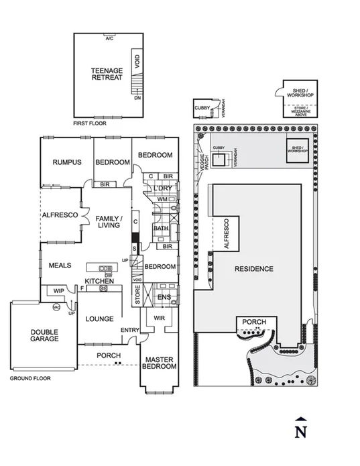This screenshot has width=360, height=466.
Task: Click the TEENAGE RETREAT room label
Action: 107,74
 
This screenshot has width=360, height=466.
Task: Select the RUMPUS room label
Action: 66,162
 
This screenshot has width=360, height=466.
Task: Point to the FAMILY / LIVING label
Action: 108,223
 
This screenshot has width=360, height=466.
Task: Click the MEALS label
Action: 60,266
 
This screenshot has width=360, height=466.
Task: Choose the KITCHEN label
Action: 99,280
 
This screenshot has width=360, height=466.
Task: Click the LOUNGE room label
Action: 99,318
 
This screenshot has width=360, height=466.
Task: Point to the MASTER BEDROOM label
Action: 160,363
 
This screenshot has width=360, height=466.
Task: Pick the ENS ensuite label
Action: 164,297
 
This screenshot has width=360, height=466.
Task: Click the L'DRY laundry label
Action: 163,188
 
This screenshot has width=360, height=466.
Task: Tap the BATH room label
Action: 161,228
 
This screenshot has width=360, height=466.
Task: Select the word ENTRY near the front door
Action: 129,331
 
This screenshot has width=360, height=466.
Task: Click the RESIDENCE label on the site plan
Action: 254,269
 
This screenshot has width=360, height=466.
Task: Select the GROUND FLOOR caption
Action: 30,379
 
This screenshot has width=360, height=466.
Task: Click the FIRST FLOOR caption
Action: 88,124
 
